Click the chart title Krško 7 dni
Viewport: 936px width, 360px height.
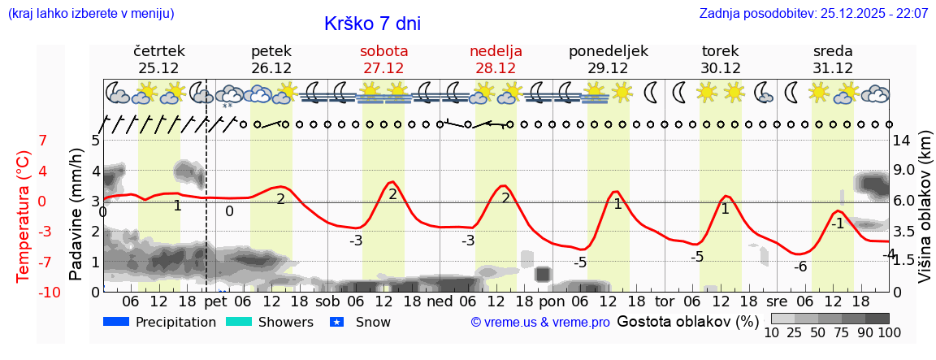click(372, 24)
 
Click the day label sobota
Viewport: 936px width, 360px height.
click(383, 51)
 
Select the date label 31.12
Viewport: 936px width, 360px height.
click(833, 68)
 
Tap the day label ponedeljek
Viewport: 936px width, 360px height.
click(609, 51)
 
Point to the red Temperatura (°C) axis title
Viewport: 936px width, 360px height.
click(24, 216)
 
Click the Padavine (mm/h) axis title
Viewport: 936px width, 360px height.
click(76, 215)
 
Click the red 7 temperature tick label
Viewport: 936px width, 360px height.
click(43, 141)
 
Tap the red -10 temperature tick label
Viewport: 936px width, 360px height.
click(50, 293)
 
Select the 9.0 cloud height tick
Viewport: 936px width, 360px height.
click(904, 171)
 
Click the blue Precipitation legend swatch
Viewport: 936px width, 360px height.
click(117, 322)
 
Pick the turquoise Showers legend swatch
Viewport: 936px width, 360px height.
click(239, 322)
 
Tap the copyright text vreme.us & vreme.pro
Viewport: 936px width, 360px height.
click(540, 323)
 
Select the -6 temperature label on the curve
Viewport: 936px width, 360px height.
click(800, 267)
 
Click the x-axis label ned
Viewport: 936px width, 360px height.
click(440, 301)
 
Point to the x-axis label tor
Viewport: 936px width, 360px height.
click(665, 301)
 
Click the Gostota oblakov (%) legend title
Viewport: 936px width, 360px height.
click(687, 321)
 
